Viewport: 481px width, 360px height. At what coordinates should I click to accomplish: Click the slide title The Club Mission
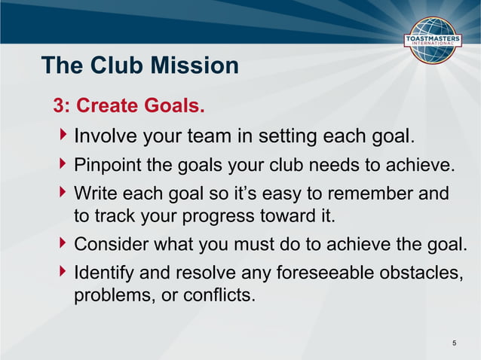139,66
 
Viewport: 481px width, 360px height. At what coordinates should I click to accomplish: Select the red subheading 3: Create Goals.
129,106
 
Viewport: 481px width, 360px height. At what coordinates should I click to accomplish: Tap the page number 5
454,344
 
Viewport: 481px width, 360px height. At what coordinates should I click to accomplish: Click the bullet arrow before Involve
63,136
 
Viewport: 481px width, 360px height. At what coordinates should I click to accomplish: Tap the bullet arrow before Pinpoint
63,163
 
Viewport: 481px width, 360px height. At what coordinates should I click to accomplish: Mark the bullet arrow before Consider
63,244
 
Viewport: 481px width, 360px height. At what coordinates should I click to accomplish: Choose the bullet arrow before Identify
63,270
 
